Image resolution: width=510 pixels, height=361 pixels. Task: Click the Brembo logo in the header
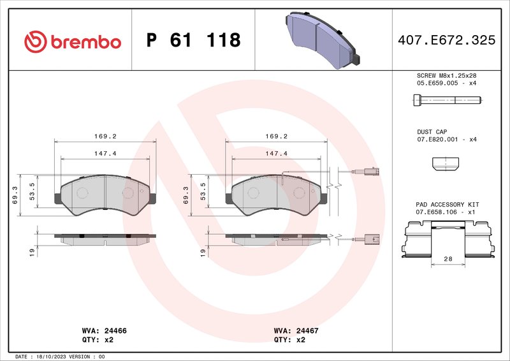point(72,41)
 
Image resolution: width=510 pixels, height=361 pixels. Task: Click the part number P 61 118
point(193,41)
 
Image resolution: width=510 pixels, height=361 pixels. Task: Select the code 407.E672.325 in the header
point(446,40)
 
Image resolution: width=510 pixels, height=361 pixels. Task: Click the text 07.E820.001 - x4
point(446,139)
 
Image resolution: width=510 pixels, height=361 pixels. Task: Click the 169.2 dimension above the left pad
point(105,136)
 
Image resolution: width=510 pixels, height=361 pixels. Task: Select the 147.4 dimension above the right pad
point(277,154)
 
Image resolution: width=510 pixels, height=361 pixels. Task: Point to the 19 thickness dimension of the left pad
point(31,253)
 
